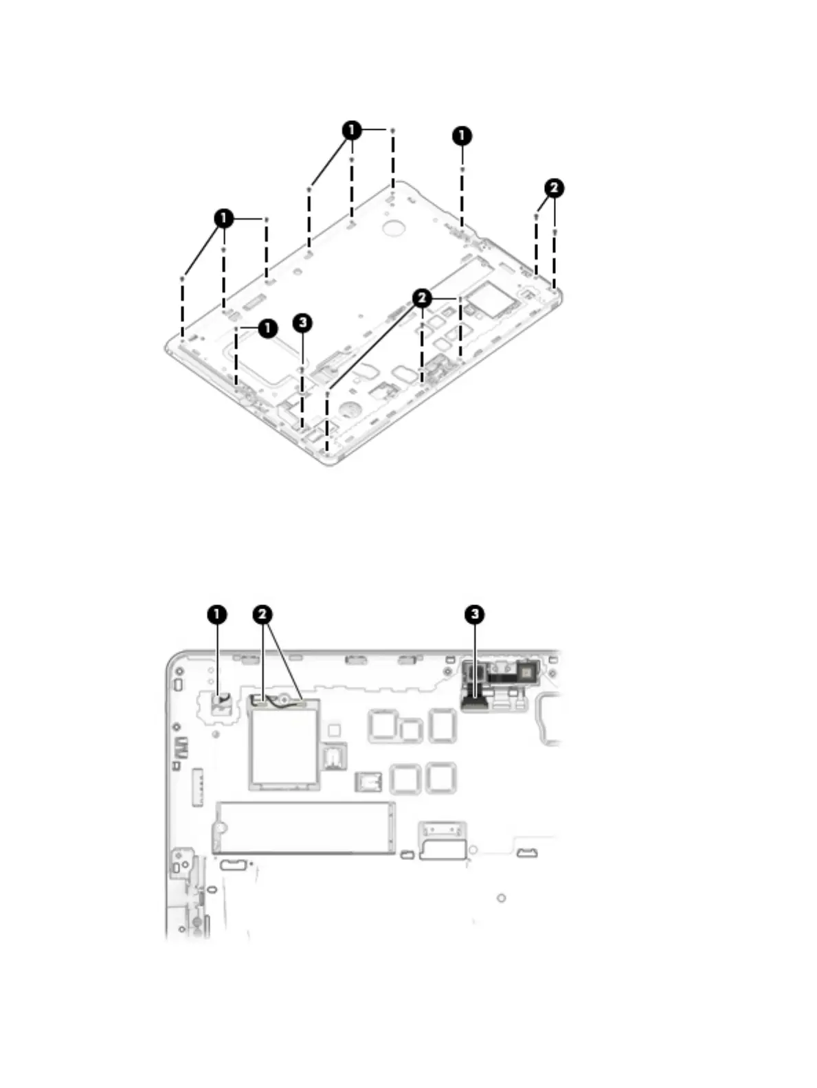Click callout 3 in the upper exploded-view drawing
pos(302,322)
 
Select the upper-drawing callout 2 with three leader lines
pos(422,297)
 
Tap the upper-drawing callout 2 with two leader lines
pos(554,188)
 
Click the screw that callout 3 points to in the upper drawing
pos(302,370)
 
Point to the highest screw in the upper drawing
pos(392,130)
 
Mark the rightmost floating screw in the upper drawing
pos(554,233)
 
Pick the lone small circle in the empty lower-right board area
pos(502,898)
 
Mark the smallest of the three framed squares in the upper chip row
pos(410,731)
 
